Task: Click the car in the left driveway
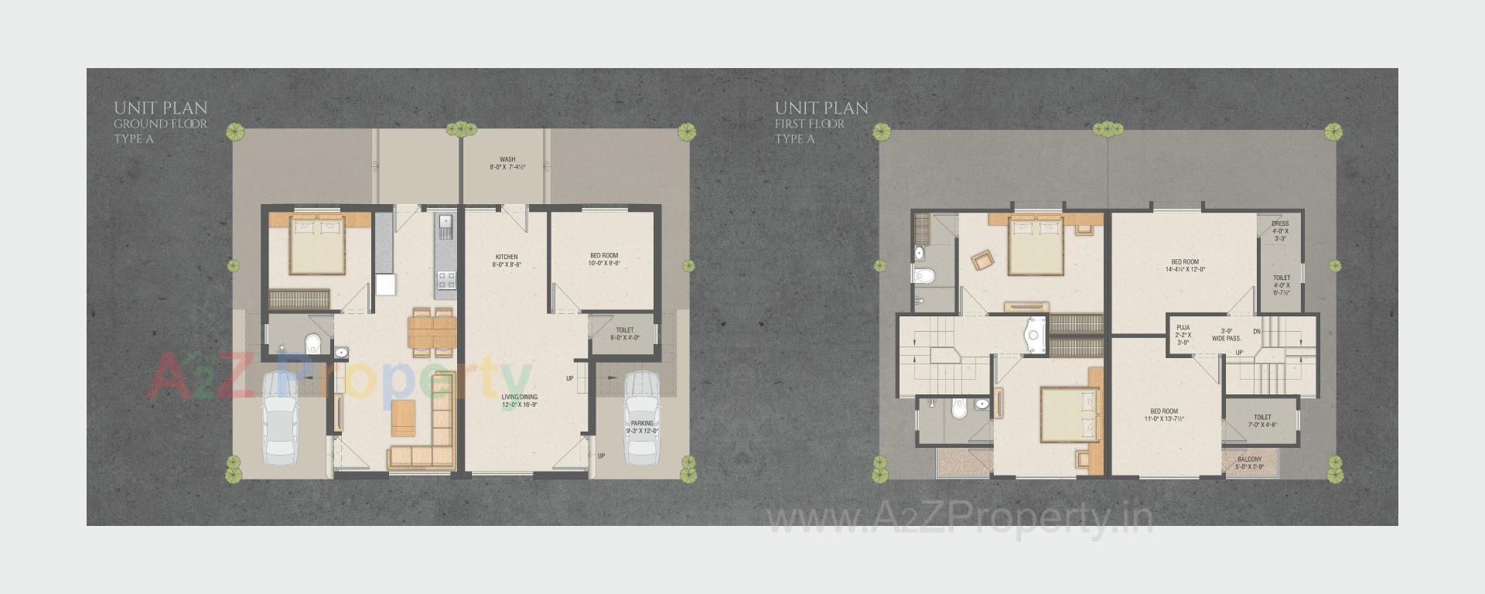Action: coord(280,418)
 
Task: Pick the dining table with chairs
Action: coord(433,332)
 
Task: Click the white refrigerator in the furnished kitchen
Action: coord(386,284)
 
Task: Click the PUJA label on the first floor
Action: coord(1183,329)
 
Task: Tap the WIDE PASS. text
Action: coord(1227,338)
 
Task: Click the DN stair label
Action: coord(1257,332)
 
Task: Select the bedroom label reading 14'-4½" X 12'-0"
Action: coord(1185,265)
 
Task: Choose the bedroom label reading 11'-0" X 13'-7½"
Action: coord(1164,415)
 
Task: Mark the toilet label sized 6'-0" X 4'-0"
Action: coord(625,333)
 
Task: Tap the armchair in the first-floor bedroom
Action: coord(983,260)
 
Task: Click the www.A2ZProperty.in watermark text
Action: coord(959,517)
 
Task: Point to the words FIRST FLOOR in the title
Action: coord(810,124)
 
